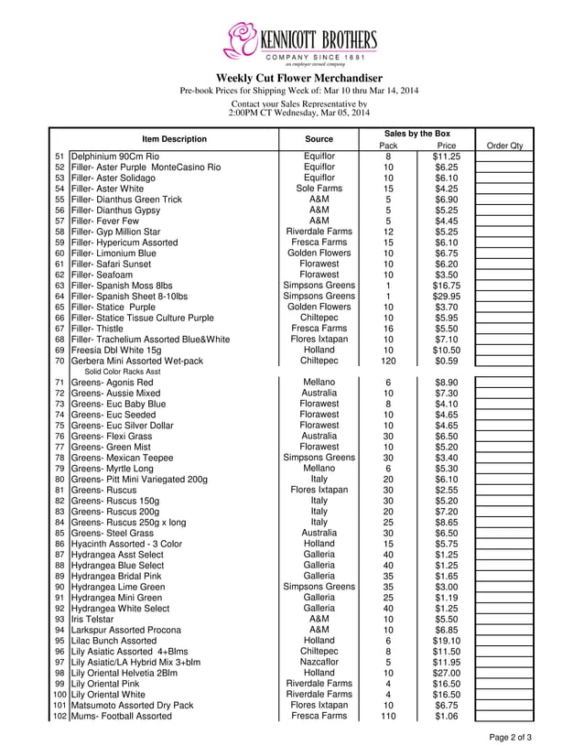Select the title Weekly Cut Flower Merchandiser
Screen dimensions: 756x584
298,78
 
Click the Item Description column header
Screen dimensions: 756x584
174,139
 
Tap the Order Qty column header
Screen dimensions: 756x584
504,146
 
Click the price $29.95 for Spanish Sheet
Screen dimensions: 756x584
446,297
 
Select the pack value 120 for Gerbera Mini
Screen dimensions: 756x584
388,361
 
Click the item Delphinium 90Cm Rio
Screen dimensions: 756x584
114,157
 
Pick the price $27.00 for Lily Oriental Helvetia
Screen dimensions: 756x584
446,673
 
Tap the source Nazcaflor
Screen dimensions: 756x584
319,662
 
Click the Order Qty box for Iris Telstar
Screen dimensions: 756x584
504,619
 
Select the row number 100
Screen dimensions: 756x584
59,695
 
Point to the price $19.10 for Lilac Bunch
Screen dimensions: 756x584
446,641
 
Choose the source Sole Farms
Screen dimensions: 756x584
319,189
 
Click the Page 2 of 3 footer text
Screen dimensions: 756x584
511,738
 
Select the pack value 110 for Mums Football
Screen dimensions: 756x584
388,716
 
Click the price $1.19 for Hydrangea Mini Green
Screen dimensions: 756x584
446,598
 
